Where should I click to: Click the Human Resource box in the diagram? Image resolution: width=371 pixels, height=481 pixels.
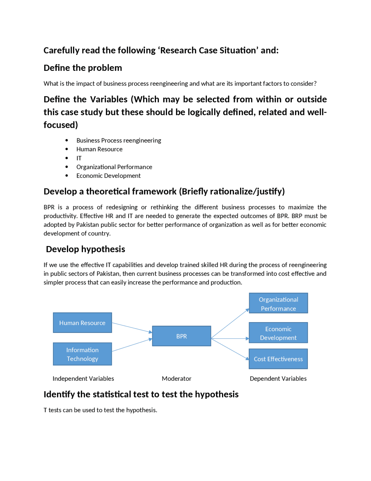[82, 323]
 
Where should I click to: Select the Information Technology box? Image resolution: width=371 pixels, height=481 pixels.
[82, 354]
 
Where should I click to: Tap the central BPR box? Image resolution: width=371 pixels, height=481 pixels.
[181, 336]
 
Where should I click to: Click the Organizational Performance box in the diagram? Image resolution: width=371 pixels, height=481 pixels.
[278, 304]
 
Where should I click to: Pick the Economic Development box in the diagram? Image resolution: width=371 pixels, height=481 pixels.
[278, 333]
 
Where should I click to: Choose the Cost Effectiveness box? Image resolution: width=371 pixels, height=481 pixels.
[278, 359]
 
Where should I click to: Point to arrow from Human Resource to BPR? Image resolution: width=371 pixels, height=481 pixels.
[132, 328]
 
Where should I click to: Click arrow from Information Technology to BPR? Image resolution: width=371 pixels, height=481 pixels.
[132, 345]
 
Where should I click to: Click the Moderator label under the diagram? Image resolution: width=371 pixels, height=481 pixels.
[177, 378]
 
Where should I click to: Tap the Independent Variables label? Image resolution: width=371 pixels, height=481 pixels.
[83, 378]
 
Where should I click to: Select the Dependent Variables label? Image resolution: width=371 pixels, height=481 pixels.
[278, 378]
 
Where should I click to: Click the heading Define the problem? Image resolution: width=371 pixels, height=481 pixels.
[83, 68]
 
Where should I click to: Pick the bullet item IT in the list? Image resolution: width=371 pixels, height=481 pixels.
[79, 158]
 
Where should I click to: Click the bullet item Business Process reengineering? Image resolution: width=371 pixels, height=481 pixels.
[119, 140]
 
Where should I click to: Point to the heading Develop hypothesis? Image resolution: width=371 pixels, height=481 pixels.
[86, 249]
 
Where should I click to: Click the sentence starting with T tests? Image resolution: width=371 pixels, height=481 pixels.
[100, 410]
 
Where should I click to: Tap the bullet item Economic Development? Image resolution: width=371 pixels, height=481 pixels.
[108, 176]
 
